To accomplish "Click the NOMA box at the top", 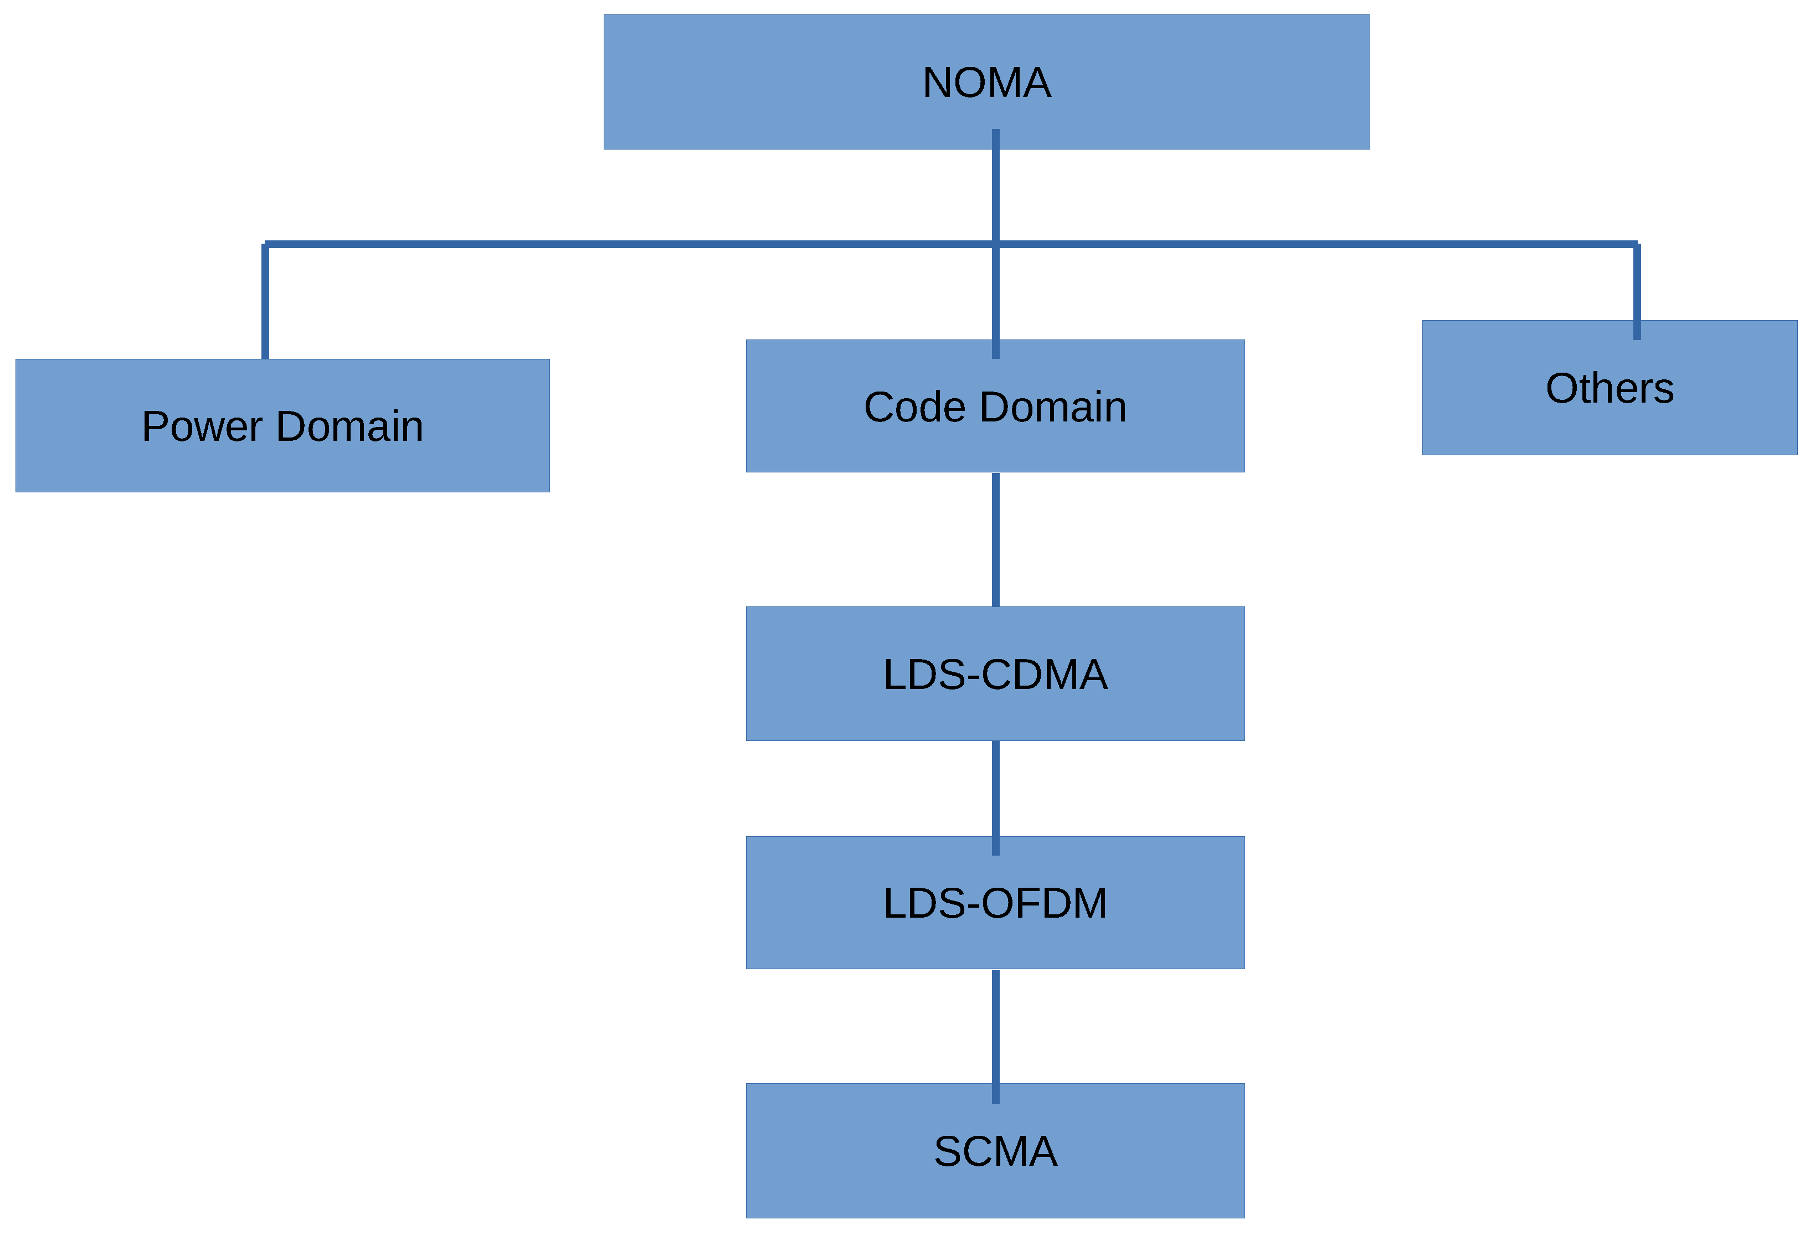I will click(781, 82).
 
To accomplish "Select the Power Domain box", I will click(282, 461).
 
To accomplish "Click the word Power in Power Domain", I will click(202, 426).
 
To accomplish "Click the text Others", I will click(1609, 388).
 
